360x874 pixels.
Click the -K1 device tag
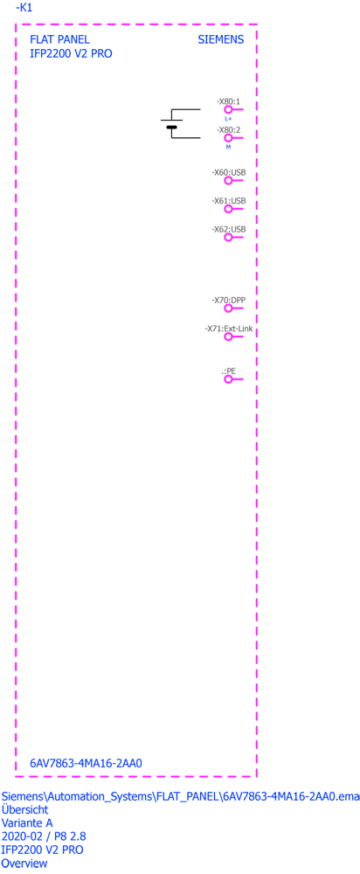pyautogui.click(x=24, y=8)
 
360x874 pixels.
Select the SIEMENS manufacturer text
pyautogui.click(x=221, y=40)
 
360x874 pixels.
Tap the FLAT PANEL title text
pyautogui.click(x=59, y=40)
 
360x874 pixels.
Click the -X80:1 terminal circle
pyautogui.click(x=228, y=110)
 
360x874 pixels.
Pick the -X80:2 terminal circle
pyautogui.click(x=228, y=138)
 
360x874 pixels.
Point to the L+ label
pyautogui.click(x=228, y=119)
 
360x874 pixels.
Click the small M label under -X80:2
pyautogui.click(x=228, y=147)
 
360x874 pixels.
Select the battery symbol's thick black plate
pyautogui.click(x=171, y=128)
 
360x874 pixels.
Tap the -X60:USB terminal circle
pyautogui.click(x=228, y=181)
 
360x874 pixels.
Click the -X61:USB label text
pyautogui.click(x=229, y=201)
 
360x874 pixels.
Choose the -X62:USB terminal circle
pyautogui.click(x=228, y=238)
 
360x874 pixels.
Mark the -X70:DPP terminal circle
pyautogui.click(x=228, y=309)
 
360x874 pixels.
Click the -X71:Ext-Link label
pyautogui.click(x=229, y=329)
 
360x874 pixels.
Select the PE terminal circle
pyautogui.click(x=228, y=379)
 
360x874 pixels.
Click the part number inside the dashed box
pyautogui.click(x=87, y=762)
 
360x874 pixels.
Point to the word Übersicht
pyautogui.click(x=25, y=809)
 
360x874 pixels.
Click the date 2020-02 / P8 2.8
pyautogui.click(x=44, y=836)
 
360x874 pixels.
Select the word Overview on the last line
pyautogui.click(x=24, y=864)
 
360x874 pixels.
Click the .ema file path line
pyautogui.click(x=181, y=796)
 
